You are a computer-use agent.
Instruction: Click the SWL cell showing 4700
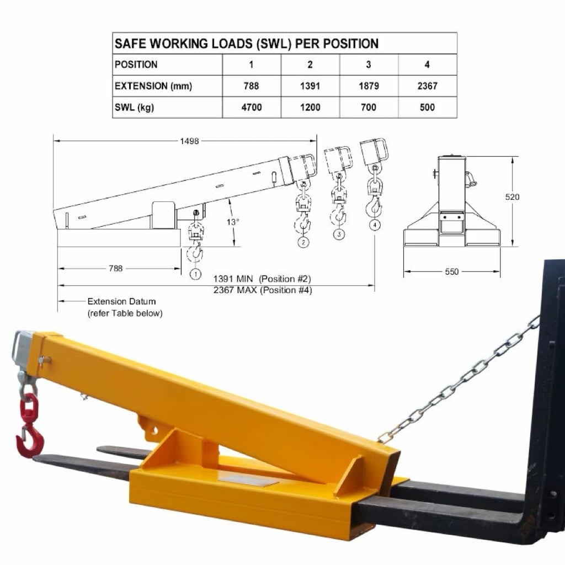coord(251,107)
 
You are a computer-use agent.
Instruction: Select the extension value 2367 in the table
coord(427,86)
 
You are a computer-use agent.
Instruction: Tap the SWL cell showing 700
coord(368,107)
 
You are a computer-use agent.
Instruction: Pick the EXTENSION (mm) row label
coord(153,86)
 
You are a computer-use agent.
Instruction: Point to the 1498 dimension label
coord(189,141)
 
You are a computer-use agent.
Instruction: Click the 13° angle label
coord(233,222)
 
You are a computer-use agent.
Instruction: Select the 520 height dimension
coord(512,197)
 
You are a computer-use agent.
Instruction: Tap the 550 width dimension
coord(452,271)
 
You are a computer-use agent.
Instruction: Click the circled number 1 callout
coord(195,275)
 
